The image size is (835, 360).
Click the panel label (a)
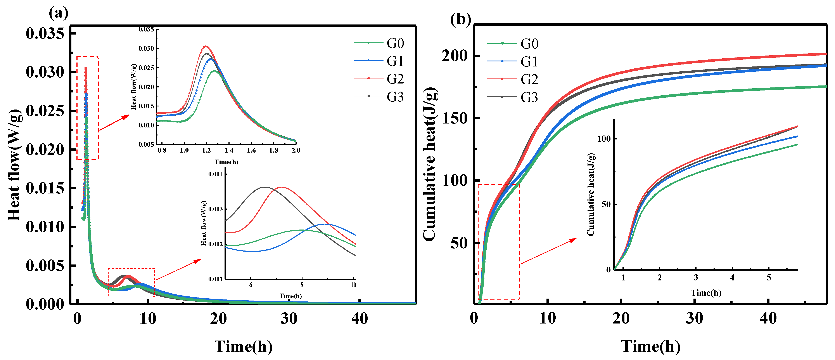click(59, 13)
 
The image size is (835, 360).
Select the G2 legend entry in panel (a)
click(395, 79)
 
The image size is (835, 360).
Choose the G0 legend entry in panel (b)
click(529, 44)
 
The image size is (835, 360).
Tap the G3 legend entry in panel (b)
click(529, 97)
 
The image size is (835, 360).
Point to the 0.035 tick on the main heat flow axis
click(45, 33)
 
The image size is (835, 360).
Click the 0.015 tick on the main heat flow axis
click(45, 188)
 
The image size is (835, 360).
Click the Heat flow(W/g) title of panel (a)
click(15, 165)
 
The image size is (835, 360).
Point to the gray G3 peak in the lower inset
click(265, 187)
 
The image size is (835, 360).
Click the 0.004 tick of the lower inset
click(215, 174)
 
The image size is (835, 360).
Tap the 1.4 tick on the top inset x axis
click(229, 150)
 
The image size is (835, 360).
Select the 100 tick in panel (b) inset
click(603, 139)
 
